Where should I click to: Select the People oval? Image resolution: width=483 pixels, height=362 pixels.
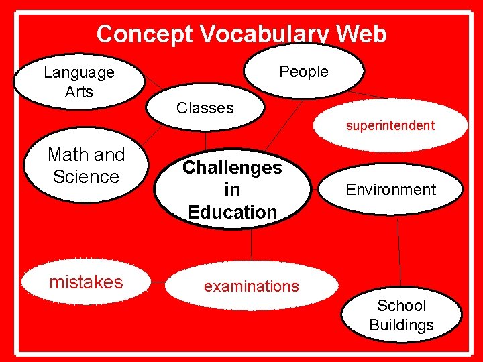click(303, 72)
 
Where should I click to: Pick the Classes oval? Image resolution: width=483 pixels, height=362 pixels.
click(205, 108)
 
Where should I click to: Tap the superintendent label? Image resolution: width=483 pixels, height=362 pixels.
click(390, 125)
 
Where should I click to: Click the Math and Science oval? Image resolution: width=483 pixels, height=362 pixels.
click(86, 166)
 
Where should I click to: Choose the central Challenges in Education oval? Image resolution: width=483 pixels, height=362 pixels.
click(232, 189)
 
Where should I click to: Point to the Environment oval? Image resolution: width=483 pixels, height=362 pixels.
click(390, 190)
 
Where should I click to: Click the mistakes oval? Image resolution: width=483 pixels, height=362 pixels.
click(86, 282)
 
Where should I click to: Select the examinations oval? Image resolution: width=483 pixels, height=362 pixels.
click(251, 286)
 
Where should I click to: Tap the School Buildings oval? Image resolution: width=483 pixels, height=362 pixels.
click(401, 316)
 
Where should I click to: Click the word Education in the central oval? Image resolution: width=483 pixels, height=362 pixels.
click(232, 212)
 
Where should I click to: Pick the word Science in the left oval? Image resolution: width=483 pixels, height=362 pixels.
click(86, 177)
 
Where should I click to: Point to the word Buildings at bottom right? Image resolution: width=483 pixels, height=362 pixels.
click(401, 326)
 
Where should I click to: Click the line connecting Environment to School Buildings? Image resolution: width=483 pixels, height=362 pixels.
click(400, 251)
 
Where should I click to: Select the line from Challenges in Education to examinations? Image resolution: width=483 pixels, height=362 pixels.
click(252, 245)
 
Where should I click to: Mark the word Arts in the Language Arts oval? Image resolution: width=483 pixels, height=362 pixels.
click(79, 92)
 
